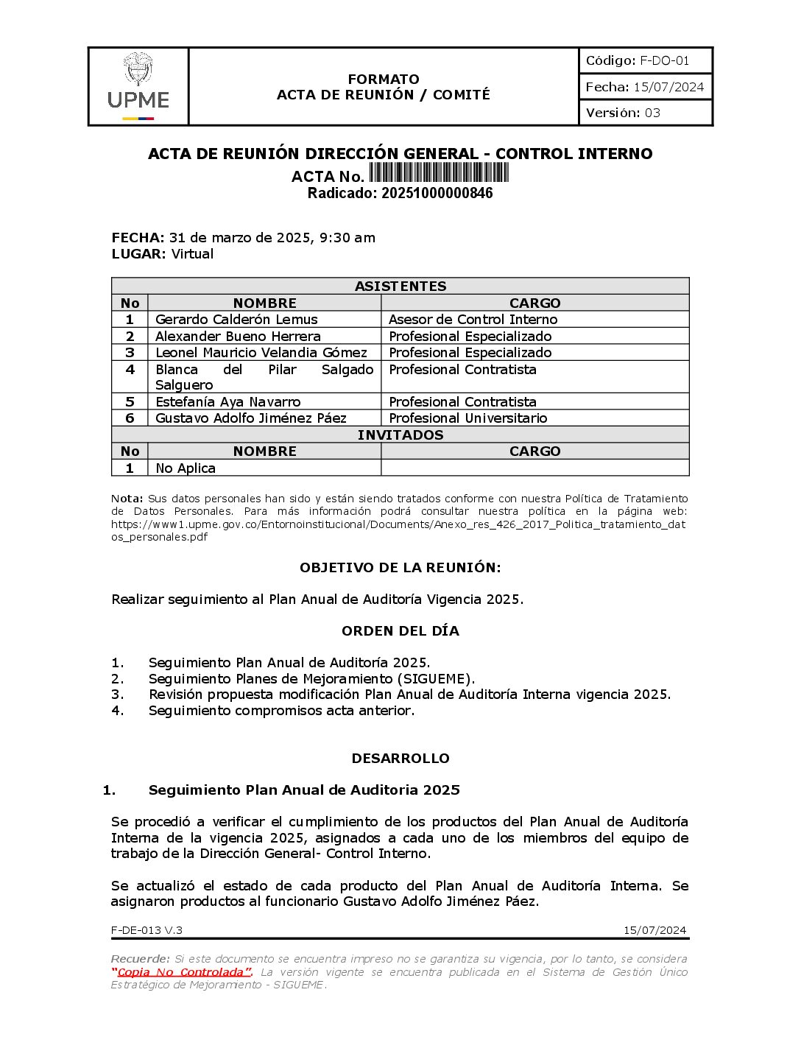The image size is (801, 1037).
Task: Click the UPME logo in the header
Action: pos(138,86)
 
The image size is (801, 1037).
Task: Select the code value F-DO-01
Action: pos(665,61)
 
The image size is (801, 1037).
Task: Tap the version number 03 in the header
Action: pos(652,113)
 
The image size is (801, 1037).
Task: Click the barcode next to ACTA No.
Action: pos(439,173)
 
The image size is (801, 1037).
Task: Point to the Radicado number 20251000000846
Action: pos(437,194)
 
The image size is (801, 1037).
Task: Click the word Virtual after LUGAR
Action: pos(192,254)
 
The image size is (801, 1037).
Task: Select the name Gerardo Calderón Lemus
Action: pos(236,320)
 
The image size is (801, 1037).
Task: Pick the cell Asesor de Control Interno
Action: pos(473,320)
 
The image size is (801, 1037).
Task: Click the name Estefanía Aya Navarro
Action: pos(227,402)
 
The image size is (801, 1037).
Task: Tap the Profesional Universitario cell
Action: pos(467,418)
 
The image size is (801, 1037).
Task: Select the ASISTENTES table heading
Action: pos(400,287)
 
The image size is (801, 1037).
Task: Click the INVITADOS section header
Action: pos(400,435)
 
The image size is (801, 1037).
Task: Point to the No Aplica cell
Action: pos(186,468)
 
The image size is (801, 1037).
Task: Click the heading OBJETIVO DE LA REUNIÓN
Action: pos(400,568)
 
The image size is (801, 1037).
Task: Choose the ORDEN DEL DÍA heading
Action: pos(400,631)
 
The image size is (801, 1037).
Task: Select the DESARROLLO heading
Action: pos(400,759)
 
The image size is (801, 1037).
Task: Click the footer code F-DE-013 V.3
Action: pos(147,930)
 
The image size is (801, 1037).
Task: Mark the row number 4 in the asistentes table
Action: pos(130,370)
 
